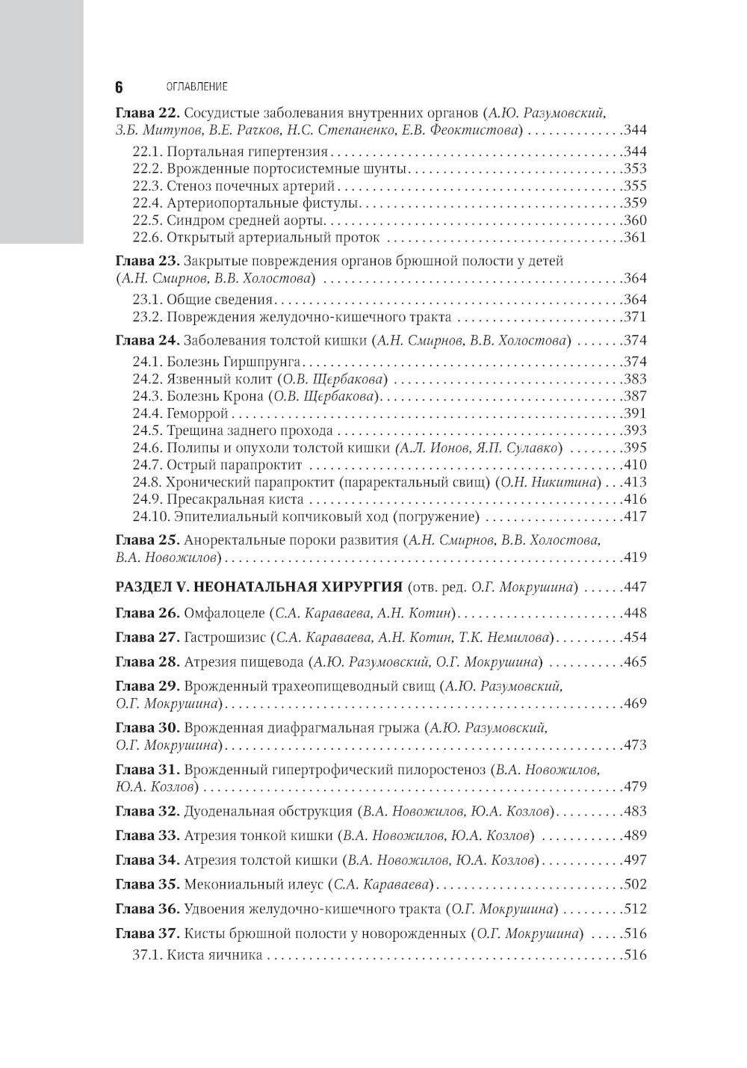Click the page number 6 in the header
point(119,87)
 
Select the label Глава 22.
point(146,114)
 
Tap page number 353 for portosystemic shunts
point(635,169)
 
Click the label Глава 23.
point(146,262)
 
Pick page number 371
point(635,317)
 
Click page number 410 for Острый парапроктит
point(635,465)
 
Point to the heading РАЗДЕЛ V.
point(162,587)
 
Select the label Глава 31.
point(146,769)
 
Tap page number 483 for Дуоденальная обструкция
point(635,812)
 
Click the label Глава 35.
point(146,885)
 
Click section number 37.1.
point(147,955)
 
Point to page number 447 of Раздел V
point(635,587)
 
